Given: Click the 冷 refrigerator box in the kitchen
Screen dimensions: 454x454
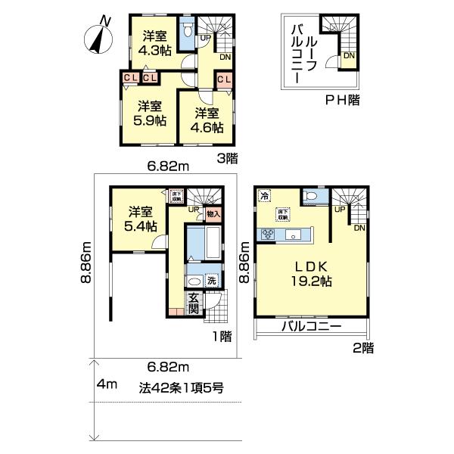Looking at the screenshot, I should (x=264, y=195).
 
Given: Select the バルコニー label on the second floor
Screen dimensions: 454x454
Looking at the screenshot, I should (x=311, y=328).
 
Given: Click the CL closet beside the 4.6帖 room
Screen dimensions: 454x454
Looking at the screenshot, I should (x=224, y=79).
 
